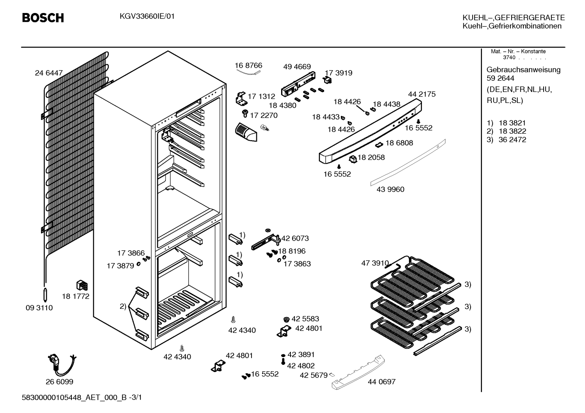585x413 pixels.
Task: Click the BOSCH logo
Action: pyautogui.click(x=43, y=18)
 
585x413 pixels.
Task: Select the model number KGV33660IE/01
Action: pyautogui.click(x=147, y=17)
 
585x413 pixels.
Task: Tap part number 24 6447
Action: pyautogui.click(x=49, y=73)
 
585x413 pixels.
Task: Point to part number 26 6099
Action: pyautogui.click(x=60, y=382)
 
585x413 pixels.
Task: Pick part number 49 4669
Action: pyautogui.click(x=297, y=67)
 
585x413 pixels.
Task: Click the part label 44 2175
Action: pyautogui.click(x=422, y=94)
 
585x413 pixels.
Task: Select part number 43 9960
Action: pyautogui.click(x=390, y=189)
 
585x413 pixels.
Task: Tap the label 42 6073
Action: pyautogui.click(x=295, y=238)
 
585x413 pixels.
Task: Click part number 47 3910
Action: pyautogui.click(x=375, y=263)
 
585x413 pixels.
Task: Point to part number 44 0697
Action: pyautogui.click(x=382, y=382)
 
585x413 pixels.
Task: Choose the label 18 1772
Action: pyautogui.click(x=75, y=296)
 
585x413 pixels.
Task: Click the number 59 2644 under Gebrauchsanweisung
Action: pyautogui.click(x=500, y=78)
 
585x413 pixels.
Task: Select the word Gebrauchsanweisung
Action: pyautogui.click(x=523, y=70)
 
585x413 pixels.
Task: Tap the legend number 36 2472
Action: pyautogui.click(x=512, y=139)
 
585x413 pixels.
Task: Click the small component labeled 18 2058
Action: pyautogui.click(x=353, y=159)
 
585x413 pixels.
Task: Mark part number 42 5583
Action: pyautogui.click(x=305, y=319)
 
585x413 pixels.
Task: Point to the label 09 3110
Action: pyautogui.click(x=39, y=308)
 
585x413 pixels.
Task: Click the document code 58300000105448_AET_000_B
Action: pyautogui.click(x=74, y=398)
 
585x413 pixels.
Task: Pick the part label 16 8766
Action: pyautogui.click(x=248, y=65)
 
